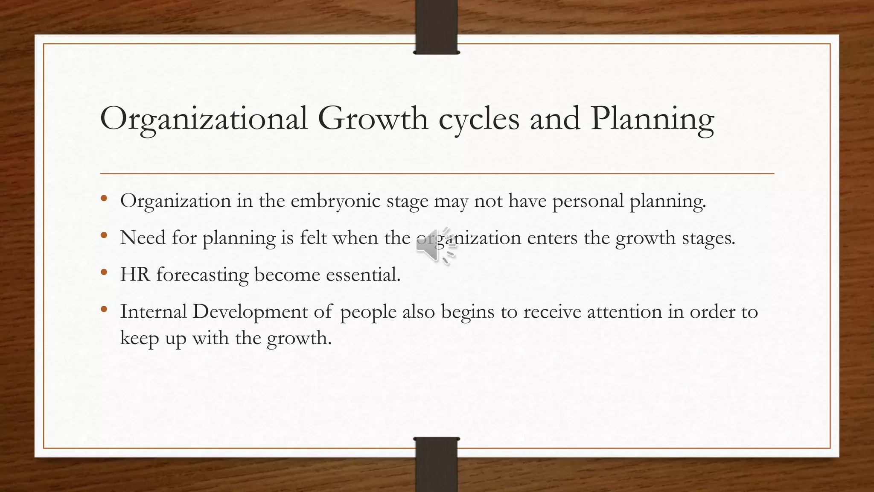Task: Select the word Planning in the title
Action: (653, 119)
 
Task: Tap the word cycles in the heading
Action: (479, 119)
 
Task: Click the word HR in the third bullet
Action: (135, 275)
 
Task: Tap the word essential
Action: (363, 275)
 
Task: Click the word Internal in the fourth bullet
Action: (153, 311)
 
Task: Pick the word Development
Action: (250, 312)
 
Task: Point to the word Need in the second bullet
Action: (143, 237)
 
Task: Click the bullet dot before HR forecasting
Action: (104, 272)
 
